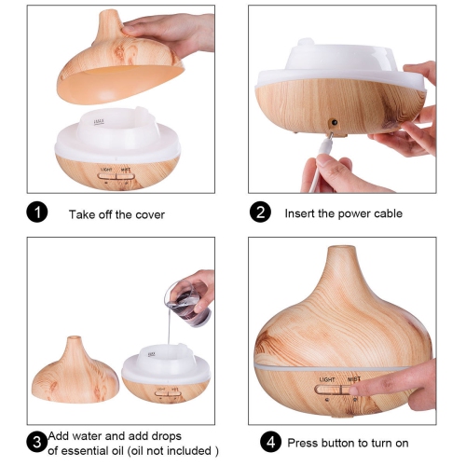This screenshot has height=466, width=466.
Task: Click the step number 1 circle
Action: click(x=37, y=213)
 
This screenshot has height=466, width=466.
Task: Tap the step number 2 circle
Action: click(x=260, y=213)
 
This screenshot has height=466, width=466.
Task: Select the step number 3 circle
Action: click(x=37, y=440)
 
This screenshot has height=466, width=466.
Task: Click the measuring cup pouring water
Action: click(x=190, y=296)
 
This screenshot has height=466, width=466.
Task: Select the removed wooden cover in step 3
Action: click(x=74, y=373)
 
